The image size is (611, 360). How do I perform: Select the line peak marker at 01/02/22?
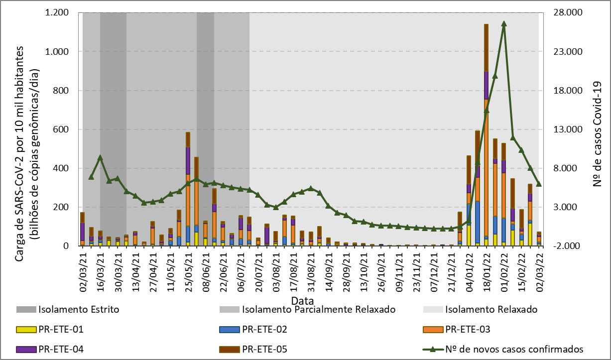tap(504, 23)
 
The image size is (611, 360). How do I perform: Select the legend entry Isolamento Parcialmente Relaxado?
tap(318, 309)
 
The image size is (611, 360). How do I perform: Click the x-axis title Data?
tap(303, 301)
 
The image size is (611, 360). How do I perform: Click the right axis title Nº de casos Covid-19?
tap(598, 134)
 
